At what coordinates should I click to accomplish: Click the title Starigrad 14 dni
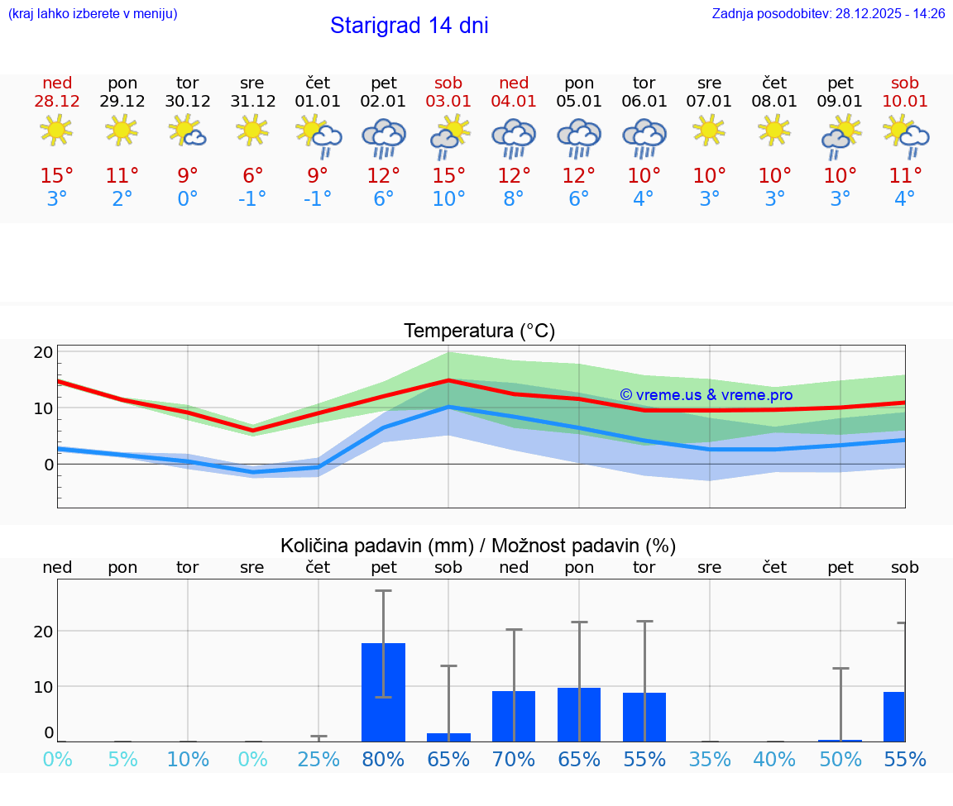pos(409,26)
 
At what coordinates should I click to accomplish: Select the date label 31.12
pos(252,101)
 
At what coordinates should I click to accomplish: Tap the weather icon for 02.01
pos(383,136)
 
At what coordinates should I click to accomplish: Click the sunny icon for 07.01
pos(709,130)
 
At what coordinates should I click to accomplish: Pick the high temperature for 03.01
pos(448,176)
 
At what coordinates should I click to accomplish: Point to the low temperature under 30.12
pos(188,199)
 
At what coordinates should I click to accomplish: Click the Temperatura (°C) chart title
pos(479,331)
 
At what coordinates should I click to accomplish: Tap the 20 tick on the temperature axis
pos(44,352)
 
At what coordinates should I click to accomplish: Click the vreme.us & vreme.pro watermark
pos(706,395)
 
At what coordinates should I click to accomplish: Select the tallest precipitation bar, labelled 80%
pos(383,692)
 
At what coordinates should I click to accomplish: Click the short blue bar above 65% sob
pos(448,737)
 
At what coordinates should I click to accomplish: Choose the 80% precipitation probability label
pos(383,760)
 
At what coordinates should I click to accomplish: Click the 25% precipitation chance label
pos(318,760)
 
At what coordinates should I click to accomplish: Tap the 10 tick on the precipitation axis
pos(44,686)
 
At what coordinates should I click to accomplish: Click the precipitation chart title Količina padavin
pos(478,546)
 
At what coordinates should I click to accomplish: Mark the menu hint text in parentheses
pos(93,14)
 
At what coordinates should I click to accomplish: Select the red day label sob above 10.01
pos(905,83)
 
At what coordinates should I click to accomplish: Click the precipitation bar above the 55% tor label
pos(644,717)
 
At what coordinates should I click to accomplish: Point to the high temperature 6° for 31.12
pos(252,176)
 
